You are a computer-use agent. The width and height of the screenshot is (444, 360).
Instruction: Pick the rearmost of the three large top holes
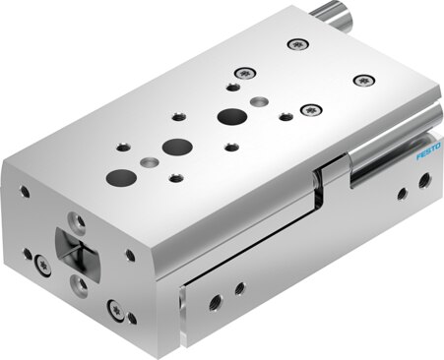tap(232, 116)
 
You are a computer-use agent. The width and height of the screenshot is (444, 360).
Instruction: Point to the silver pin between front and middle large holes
tap(148, 161)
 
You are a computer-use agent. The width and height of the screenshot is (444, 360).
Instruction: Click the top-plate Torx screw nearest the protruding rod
tap(295, 43)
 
